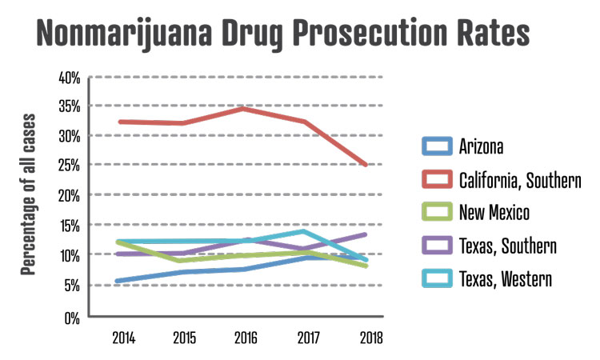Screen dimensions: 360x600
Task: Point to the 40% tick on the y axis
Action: click(x=70, y=78)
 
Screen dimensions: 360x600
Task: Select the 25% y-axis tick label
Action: click(x=70, y=166)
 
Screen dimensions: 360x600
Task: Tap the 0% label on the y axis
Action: click(x=72, y=316)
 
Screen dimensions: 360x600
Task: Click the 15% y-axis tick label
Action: click(x=70, y=226)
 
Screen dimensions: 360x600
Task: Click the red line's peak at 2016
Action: click(x=243, y=108)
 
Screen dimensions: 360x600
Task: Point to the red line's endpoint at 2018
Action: click(x=366, y=165)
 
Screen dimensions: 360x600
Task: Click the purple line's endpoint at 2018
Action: click(x=366, y=234)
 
